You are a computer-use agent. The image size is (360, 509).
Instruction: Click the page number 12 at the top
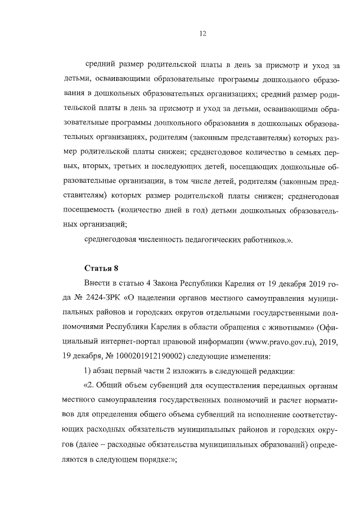(203, 34)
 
